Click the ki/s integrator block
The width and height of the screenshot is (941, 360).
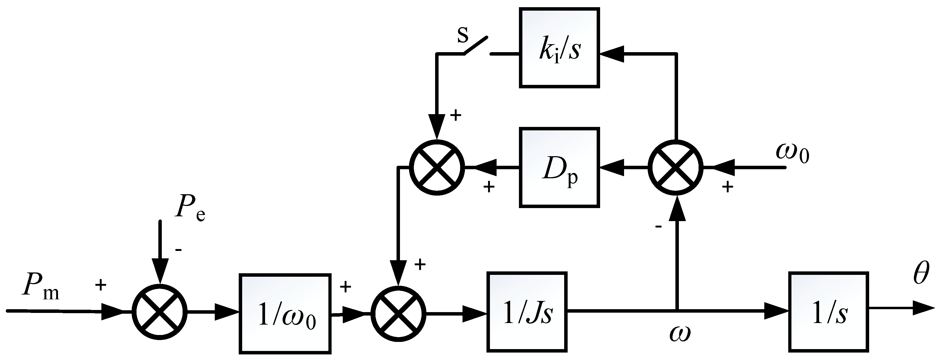pyautogui.click(x=559, y=48)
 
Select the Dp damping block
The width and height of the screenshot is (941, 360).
pyautogui.click(x=559, y=168)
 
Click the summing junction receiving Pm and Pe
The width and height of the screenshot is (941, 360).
pyautogui.click(x=160, y=311)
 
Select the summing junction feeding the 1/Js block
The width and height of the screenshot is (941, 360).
pyautogui.click(x=398, y=313)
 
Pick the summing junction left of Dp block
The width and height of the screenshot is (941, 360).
pyautogui.click(x=436, y=168)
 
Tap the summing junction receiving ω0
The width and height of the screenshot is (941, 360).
pyautogui.click(x=675, y=168)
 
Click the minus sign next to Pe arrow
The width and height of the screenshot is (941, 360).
pyautogui.click(x=179, y=250)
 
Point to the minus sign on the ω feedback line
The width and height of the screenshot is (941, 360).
pyautogui.click(x=658, y=227)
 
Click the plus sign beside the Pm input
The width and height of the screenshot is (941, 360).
pyautogui.click(x=100, y=284)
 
